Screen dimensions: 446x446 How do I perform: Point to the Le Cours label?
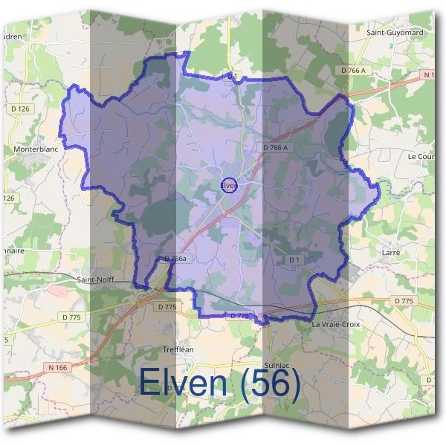tap(421, 157)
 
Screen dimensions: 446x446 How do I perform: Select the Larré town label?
tap(391, 253)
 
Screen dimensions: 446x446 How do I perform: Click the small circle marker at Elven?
tap(229, 185)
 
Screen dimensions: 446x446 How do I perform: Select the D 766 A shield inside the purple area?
tap(274, 147)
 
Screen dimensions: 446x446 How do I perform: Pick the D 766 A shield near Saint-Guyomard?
tap(354, 70)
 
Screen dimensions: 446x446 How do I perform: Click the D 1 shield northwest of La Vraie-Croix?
tap(294, 259)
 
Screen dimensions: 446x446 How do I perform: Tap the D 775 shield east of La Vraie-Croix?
tap(403, 300)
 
